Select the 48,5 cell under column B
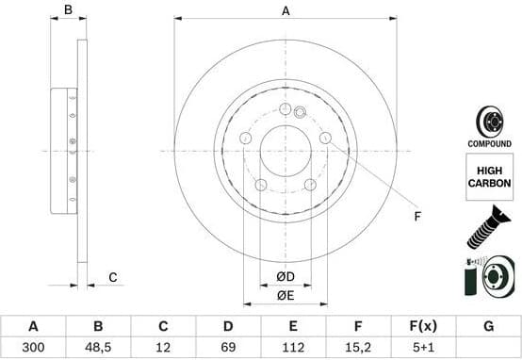tap(98, 346)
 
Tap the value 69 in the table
tap(228, 346)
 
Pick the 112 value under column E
tap(293, 346)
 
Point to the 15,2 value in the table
tap(359, 346)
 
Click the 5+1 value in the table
tap(423, 346)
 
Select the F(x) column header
tap(423, 326)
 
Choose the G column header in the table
tap(488, 326)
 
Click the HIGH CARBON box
tap(489, 176)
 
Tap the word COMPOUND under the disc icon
tap(489, 143)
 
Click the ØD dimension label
tap(285, 275)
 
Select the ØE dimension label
tap(285, 295)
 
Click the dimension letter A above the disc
tap(285, 11)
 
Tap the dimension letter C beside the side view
tap(112, 276)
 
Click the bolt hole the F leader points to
tap(325, 139)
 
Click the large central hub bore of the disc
tap(285, 151)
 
